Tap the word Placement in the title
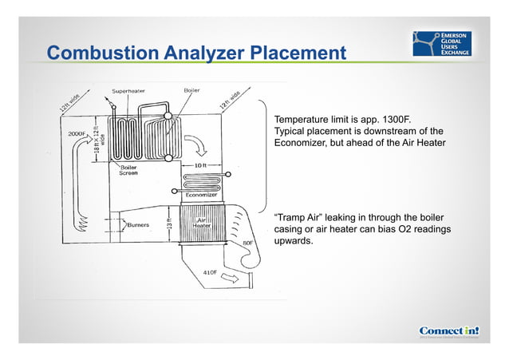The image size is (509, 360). pos(298,53)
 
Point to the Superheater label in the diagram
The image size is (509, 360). pos(129,90)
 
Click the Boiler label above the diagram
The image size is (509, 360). pos(191,90)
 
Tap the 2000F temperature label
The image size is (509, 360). pos(77,133)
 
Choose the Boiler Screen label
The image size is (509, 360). pos(128,170)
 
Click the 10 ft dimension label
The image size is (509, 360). pos(203,165)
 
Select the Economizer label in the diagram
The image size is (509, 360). pos(202,195)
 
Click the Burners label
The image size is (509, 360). pos(138,225)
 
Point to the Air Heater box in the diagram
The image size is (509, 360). pos(201,223)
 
